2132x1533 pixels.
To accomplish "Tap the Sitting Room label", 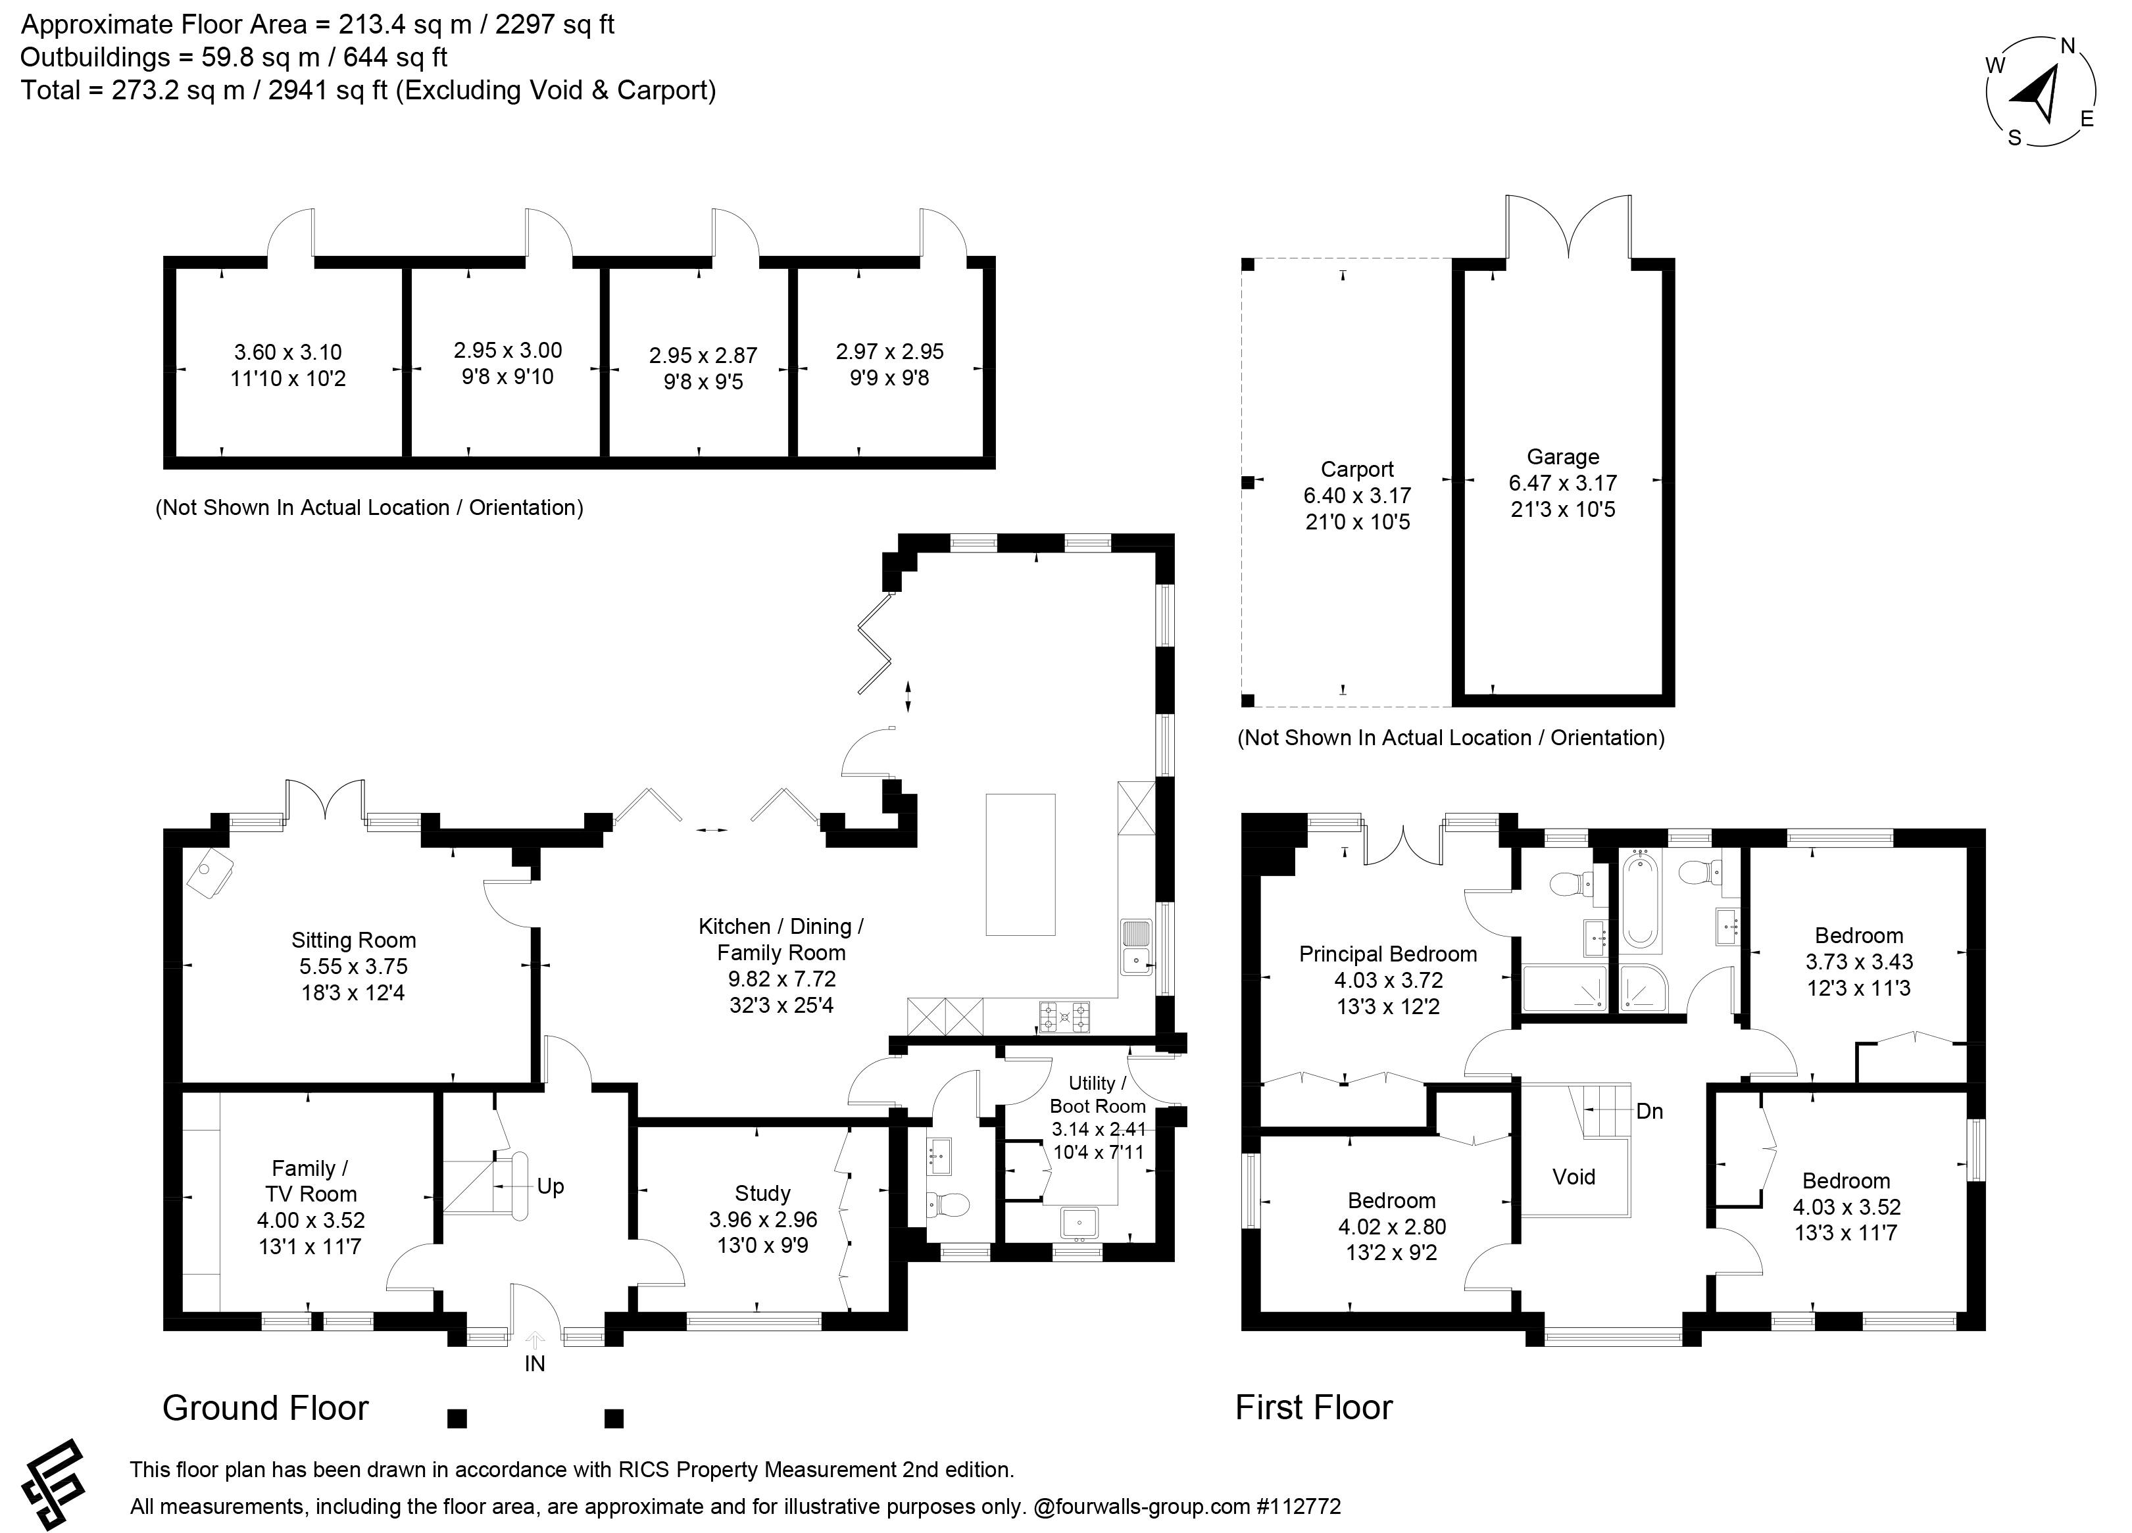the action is pyautogui.click(x=353, y=940).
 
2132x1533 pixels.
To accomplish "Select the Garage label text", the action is pyautogui.click(x=1562, y=457).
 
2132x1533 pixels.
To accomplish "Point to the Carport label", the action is pyautogui.click(x=1357, y=469).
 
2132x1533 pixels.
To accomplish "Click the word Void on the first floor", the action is pyautogui.click(x=1574, y=1177).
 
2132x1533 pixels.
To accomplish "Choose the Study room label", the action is pyautogui.click(x=762, y=1194).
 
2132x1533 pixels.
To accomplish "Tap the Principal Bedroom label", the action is pyautogui.click(x=1387, y=954).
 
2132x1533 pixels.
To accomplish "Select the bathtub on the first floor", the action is pyautogui.click(x=1641, y=898).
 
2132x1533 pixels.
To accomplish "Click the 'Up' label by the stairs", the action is pyautogui.click(x=551, y=1186).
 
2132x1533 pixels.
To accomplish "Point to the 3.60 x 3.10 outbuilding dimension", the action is pyautogui.click(x=287, y=353).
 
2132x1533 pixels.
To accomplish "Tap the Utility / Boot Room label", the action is pyautogui.click(x=1097, y=1095).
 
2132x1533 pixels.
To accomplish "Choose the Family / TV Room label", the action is pyautogui.click(x=311, y=1181).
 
